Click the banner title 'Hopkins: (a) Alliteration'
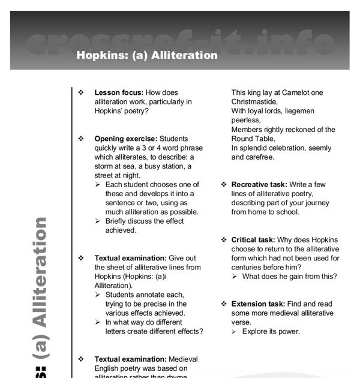click(147, 55)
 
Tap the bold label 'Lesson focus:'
click(119, 93)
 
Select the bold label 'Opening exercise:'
click(126, 139)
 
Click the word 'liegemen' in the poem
click(298, 111)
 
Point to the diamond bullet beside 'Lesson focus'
click(81, 93)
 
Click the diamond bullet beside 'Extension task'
click(224, 304)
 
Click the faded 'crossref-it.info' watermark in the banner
click(180, 41)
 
